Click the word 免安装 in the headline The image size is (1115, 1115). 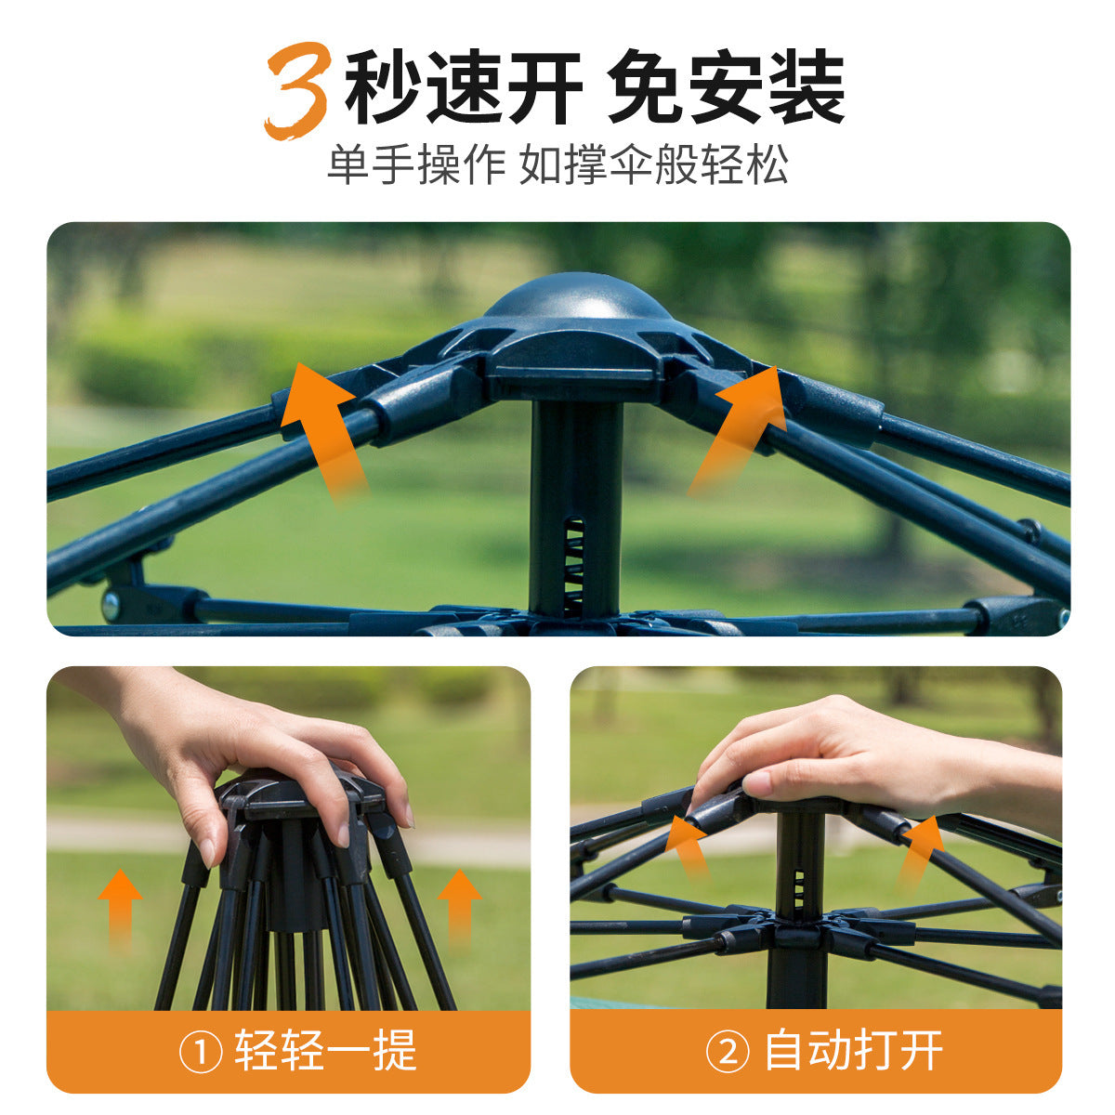click(726, 87)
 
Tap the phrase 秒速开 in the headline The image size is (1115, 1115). click(463, 87)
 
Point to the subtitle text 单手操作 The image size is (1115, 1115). click(415, 164)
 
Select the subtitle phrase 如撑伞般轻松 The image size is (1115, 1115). click(654, 164)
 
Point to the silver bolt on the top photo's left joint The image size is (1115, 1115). click(111, 606)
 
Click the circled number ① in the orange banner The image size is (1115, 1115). click(200, 1053)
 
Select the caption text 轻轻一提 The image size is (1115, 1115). click(325, 1052)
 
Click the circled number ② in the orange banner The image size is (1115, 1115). click(728, 1053)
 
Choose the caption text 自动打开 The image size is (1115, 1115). click(853, 1052)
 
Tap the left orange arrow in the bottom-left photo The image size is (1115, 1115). click(120, 906)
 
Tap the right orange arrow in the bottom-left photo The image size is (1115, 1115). click(459, 906)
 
